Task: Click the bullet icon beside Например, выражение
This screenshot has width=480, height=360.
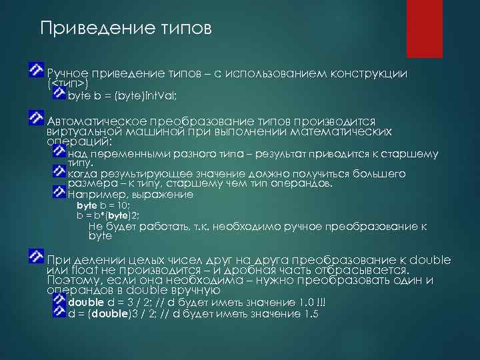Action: click(x=59, y=193)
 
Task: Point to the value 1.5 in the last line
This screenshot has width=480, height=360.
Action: click(x=311, y=313)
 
